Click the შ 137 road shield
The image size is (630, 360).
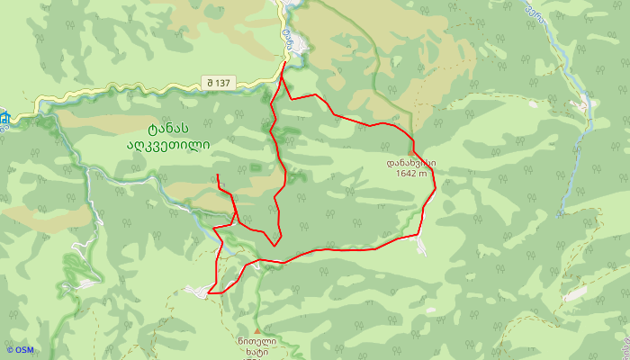point(219,83)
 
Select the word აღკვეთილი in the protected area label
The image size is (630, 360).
point(168,142)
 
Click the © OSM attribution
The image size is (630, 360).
point(19,350)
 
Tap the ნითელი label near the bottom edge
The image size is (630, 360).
point(258,341)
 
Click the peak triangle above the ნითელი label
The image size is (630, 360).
point(260,330)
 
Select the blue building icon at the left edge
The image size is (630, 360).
point(4,118)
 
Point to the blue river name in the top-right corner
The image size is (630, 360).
point(536,12)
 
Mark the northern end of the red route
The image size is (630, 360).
point(285,62)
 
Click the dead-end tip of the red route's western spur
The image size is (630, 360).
point(218,175)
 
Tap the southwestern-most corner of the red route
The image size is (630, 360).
point(209,292)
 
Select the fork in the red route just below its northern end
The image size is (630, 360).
point(282,78)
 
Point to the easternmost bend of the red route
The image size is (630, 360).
point(436,187)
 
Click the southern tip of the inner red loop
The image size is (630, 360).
point(275,245)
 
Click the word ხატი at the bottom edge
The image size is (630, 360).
point(258,354)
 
